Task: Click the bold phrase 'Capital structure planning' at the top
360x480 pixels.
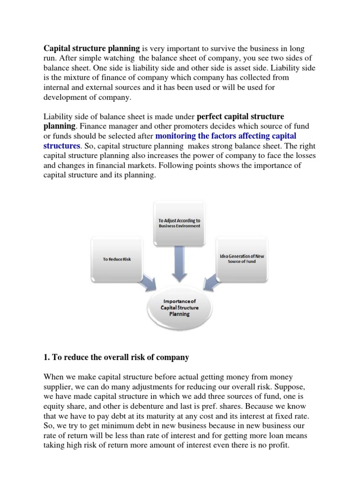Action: coord(91,48)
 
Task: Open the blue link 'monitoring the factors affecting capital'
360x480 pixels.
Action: coord(225,136)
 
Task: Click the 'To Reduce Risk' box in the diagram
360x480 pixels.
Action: coord(117,259)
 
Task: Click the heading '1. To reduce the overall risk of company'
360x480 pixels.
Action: coord(116,357)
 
